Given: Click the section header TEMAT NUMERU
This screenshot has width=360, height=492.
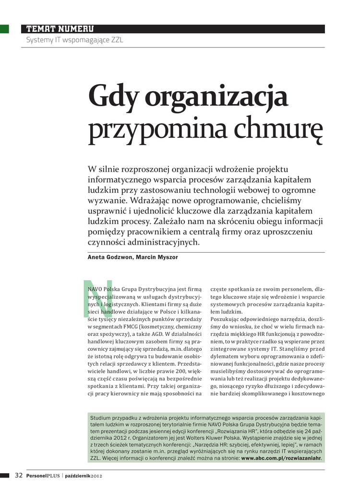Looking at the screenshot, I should (x=60, y=29).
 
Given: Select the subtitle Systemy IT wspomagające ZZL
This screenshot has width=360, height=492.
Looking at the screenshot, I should (x=74, y=40).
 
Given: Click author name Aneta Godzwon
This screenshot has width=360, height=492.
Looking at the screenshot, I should (x=109, y=258).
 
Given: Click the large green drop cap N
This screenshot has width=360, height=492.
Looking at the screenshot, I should (x=97, y=297).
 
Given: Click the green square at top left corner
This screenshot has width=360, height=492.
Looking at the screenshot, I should (x=4, y=29).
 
